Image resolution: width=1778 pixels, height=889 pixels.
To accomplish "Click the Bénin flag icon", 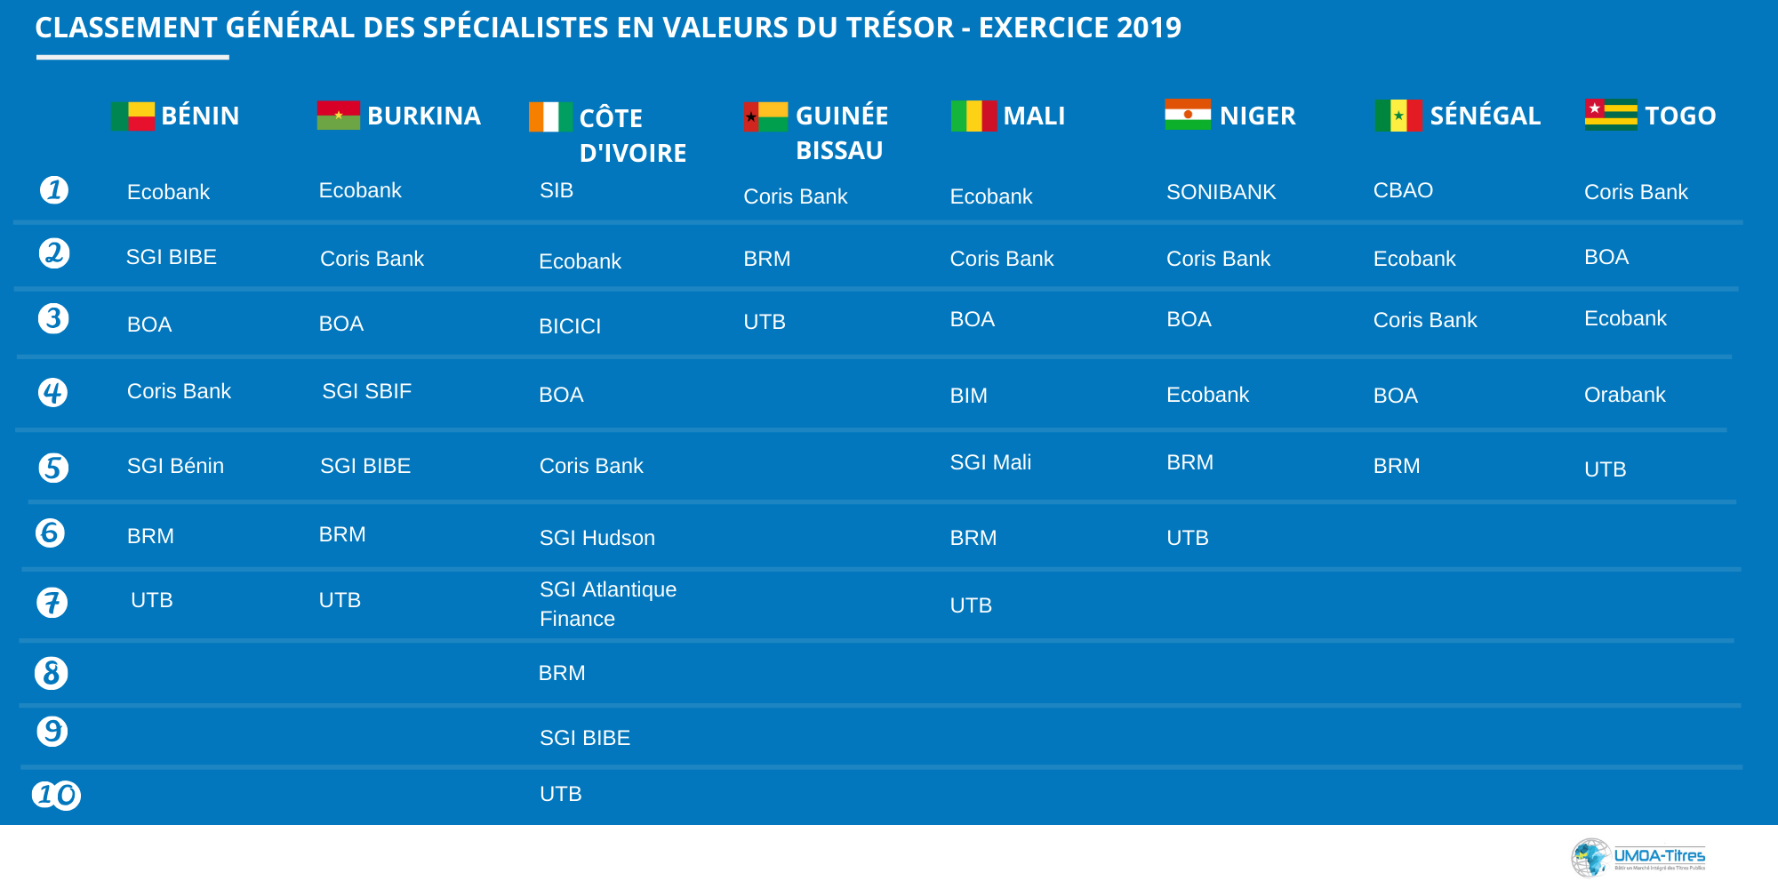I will tap(132, 116).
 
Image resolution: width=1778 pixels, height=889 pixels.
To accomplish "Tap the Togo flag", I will tap(1610, 115).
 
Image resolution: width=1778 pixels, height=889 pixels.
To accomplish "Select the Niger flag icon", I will tap(1188, 115).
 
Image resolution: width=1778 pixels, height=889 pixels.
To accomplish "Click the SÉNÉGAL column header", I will tap(1485, 116).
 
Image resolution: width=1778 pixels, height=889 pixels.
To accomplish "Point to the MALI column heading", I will tap(1034, 116).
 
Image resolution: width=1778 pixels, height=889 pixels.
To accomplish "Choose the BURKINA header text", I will tap(423, 116).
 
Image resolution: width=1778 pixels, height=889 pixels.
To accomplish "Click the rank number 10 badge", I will tap(56, 794).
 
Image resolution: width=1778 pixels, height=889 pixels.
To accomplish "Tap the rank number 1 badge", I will tap(54, 189).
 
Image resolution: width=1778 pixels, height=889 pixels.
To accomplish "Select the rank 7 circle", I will tap(52, 603).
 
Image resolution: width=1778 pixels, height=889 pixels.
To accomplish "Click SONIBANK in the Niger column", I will tap(1221, 192).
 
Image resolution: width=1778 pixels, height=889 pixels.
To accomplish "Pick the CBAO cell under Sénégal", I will tap(1403, 190).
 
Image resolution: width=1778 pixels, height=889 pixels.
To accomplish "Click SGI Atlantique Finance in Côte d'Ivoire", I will tap(608, 604).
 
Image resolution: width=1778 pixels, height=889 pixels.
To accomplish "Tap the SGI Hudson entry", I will tap(597, 538).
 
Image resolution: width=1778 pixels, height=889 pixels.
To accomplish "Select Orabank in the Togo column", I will tap(1624, 395).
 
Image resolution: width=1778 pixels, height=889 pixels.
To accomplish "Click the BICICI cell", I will tap(570, 326).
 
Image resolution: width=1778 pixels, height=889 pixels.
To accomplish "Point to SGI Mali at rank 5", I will tap(990, 462).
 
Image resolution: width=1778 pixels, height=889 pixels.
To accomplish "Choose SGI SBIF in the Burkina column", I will tap(366, 391).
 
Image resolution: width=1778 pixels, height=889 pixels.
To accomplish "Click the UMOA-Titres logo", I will tap(1638, 858).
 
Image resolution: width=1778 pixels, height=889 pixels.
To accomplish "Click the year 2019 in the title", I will tap(1149, 28).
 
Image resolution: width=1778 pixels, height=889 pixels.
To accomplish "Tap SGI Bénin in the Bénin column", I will tap(175, 466).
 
